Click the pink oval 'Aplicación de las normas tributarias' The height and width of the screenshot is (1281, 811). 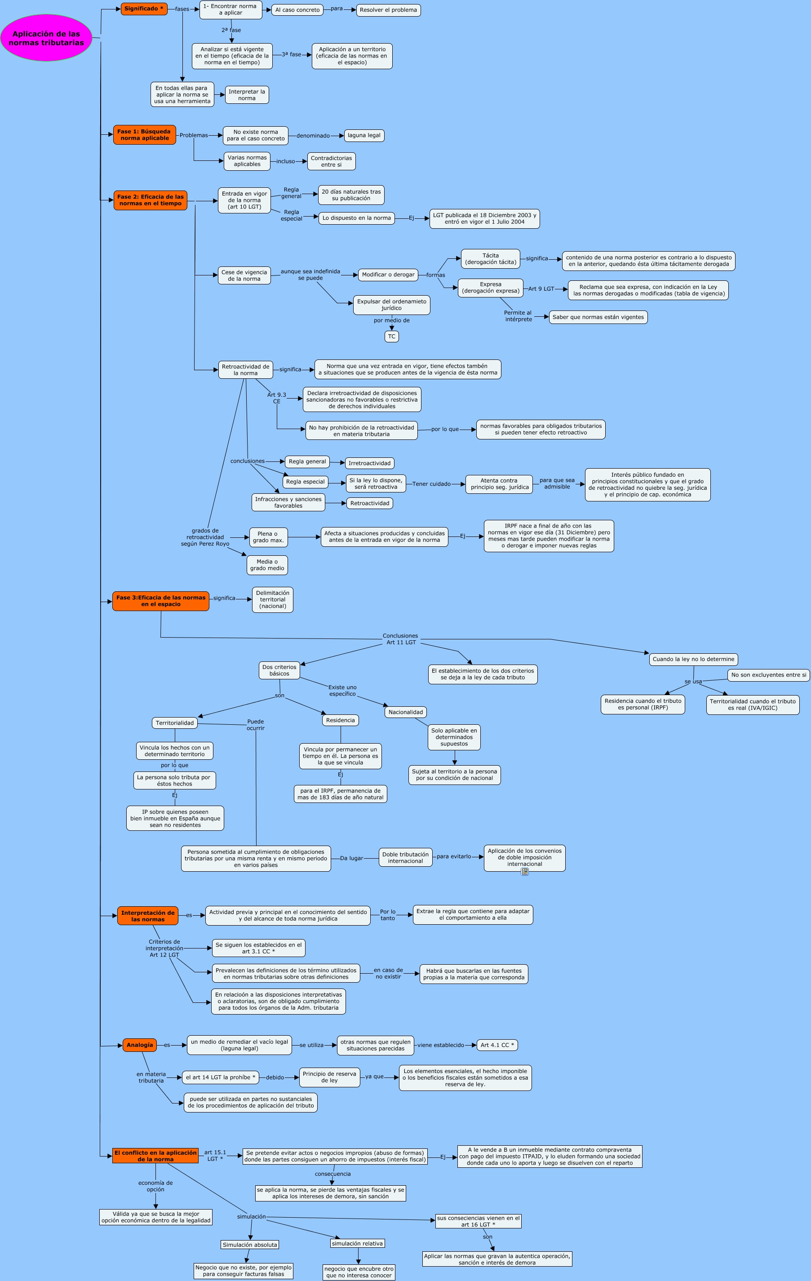pos(46,38)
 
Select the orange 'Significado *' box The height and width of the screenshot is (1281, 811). pos(144,9)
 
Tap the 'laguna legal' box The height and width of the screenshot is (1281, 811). pos(364,136)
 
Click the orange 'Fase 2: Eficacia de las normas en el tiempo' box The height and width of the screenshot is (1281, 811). pos(151,200)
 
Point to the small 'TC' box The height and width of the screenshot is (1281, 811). pos(391,337)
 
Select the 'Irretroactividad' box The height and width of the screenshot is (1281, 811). pos(370,463)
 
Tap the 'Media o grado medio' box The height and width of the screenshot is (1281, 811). pos(267,565)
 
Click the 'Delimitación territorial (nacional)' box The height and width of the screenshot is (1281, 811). pos(272,599)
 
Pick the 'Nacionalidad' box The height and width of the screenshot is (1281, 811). pos(406,712)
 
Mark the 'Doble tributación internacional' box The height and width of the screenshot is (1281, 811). pos(405,858)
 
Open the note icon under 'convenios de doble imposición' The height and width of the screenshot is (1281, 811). pos(525,871)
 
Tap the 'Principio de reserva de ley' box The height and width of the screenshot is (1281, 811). pos(329,1077)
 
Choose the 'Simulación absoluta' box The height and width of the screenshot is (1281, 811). pos(250,1245)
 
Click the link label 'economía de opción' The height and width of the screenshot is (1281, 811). pos(155,1186)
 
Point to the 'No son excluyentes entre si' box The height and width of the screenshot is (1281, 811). pos(768,675)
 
